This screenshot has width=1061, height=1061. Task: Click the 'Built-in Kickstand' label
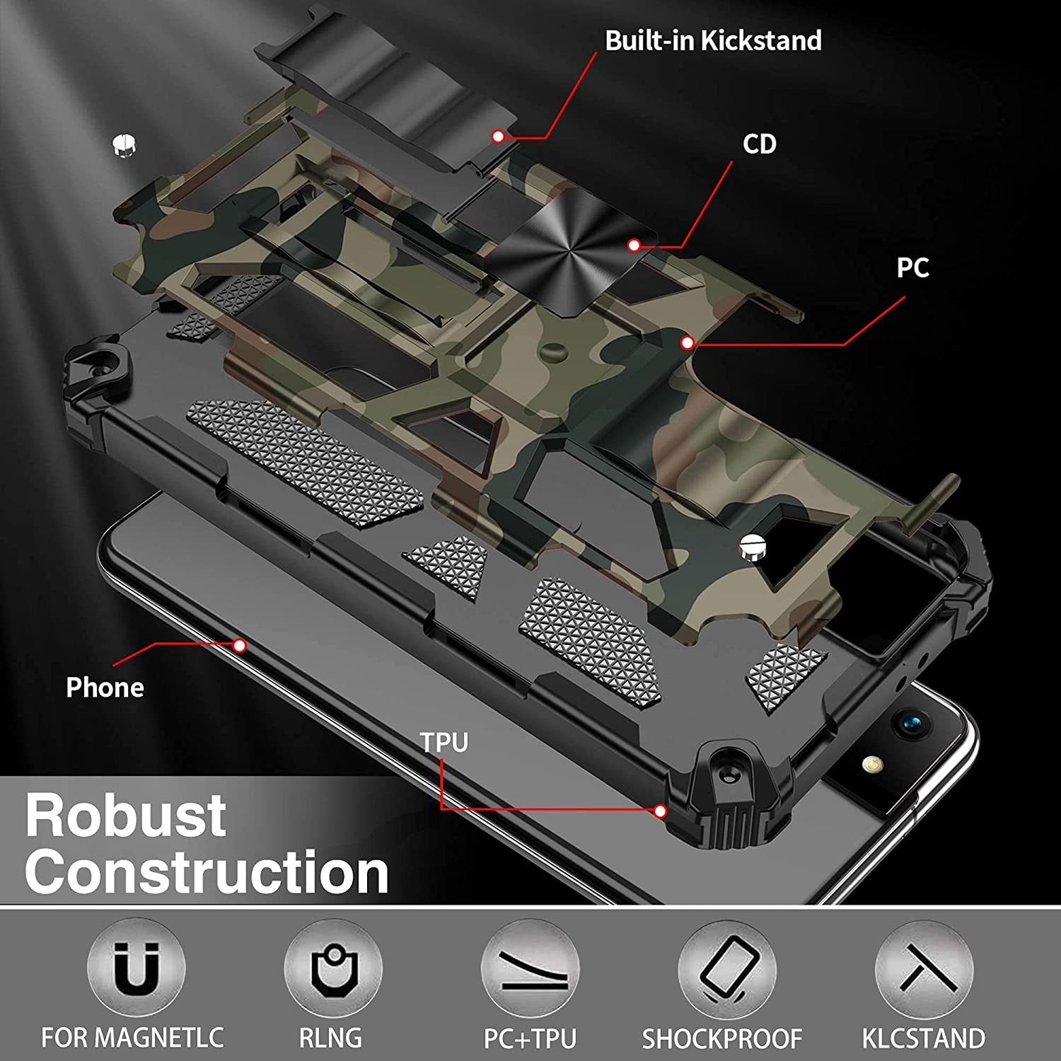(x=713, y=41)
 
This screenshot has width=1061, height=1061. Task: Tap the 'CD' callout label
(x=760, y=144)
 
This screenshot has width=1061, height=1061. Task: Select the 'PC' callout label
(x=912, y=268)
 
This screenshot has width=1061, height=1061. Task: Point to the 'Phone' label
(x=105, y=688)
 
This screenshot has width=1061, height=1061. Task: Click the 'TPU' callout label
(x=444, y=743)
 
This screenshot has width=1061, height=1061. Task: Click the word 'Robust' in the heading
(x=126, y=816)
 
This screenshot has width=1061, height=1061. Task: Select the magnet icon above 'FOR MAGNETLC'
(x=136, y=968)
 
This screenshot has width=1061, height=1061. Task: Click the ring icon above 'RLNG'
(x=332, y=968)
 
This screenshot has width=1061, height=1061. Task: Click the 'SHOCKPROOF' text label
(x=722, y=1038)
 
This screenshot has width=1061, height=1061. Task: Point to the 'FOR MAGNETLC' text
(x=132, y=1038)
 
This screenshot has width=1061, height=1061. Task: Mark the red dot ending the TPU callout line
(x=660, y=811)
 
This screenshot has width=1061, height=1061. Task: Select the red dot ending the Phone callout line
(x=240, y=645)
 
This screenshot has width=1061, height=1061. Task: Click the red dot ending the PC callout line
(x=687, y=343)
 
